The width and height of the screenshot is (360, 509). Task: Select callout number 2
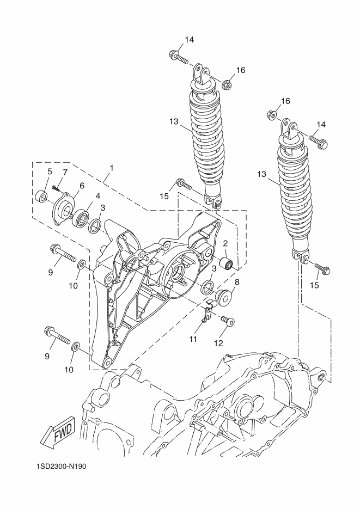click(x=225, y=243)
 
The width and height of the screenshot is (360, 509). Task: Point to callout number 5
click(x=50, y=171)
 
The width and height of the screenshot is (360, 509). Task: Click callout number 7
click(x=65, y=173)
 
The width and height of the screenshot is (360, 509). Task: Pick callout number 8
click(x=236, y=282)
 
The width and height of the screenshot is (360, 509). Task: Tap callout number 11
click(x=193, y=339)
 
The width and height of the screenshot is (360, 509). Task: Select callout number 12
click(x=218, y=343)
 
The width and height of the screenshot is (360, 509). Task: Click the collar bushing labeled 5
click(x=41, y=197)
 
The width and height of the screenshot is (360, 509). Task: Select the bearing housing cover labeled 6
click(x=64, y=208)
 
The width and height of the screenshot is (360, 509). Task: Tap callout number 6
click(x=82, y=185)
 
